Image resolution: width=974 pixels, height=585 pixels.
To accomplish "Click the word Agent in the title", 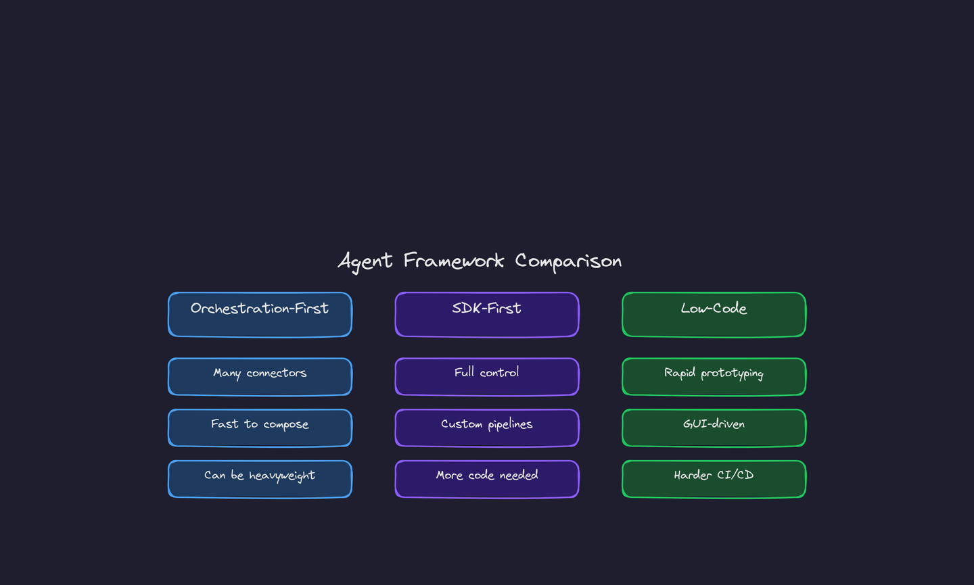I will (365, 261).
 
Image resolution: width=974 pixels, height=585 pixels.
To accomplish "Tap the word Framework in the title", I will (454, 261).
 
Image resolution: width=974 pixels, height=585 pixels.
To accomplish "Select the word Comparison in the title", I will (568, 261).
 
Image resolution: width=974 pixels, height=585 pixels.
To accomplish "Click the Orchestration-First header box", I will (260, 315).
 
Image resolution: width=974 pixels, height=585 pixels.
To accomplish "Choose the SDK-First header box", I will (487, 315).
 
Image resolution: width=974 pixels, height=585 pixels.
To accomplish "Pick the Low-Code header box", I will (714, 315).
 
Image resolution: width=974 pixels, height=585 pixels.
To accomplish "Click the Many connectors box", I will (260, 377).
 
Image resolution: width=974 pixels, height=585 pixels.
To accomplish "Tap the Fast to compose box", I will (260, 428).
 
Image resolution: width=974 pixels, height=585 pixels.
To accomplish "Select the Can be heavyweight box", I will (260, 480).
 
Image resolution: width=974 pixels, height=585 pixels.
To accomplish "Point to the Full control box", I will (487, 377).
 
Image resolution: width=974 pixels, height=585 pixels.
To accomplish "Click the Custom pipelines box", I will (487, 428).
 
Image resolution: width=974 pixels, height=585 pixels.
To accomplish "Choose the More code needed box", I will (487, 480).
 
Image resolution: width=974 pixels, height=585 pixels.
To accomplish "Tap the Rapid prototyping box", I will (714, 377).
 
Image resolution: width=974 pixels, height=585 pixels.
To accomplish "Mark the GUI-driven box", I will (714, 428).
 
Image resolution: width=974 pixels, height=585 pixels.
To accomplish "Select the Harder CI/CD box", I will (714, 480).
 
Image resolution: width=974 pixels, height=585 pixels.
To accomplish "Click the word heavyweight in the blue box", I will (282, 476).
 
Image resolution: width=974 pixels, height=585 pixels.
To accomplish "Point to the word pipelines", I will (510, 424).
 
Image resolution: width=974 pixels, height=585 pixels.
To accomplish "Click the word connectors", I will (276, 373).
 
